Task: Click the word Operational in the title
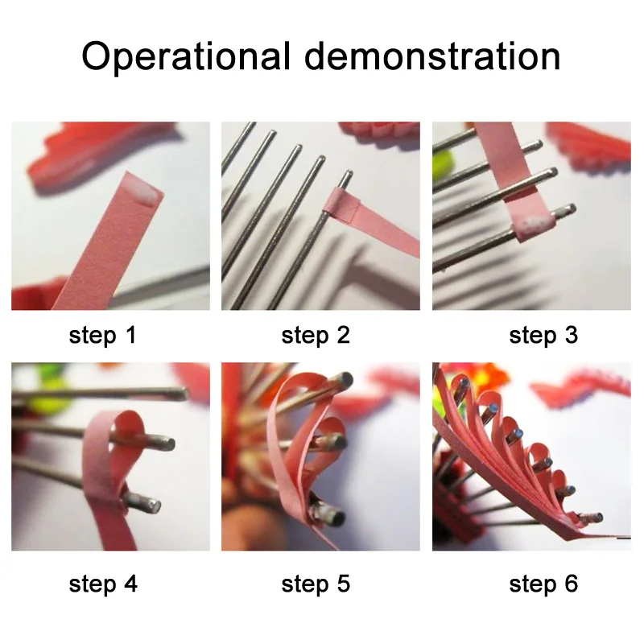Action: click(x=187, y=57)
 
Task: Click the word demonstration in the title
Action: click(x=432, y=56)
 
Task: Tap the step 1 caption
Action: click(x=102, y=336)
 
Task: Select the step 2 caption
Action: click(x=316, y=336)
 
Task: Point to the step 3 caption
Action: click(x=543, y=336)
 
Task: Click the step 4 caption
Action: click(x=103, y=584)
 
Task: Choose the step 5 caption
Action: click(x=316, y=584)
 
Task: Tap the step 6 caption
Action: click(x=543, y=584)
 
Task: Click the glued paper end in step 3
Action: click(x=535, y=227)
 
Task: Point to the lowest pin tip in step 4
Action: click(x=153, y=506)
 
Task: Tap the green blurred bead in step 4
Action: click(x=53, y=393)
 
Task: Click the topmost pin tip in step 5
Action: click(x=345, y=379)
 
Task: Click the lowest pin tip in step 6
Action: click(x=598, y=517)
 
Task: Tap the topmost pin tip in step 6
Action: click(x=464, y=383)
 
